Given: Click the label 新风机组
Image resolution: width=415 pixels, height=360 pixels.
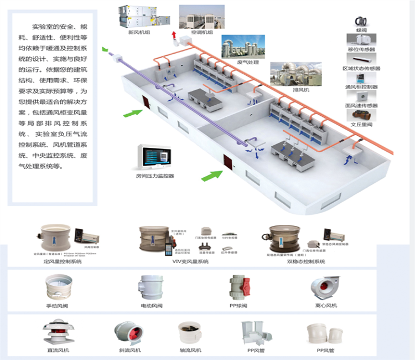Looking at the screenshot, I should pyautogui.click(x=139, y=32).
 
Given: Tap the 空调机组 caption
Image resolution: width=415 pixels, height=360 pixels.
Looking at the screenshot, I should pyautogui.click(x=201, y=33).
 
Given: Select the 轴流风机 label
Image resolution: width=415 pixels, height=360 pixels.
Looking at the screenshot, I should pyautogui.click(x=191, y=351).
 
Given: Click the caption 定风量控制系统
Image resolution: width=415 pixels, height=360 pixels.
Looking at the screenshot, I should pyautogui.click(x=62, y=261).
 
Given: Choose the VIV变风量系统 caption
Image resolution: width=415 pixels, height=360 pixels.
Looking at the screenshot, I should pyautogui.click(x=190, y=261).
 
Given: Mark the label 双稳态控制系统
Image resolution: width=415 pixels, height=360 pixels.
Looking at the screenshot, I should pyautogui.click(x=307, y=261).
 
